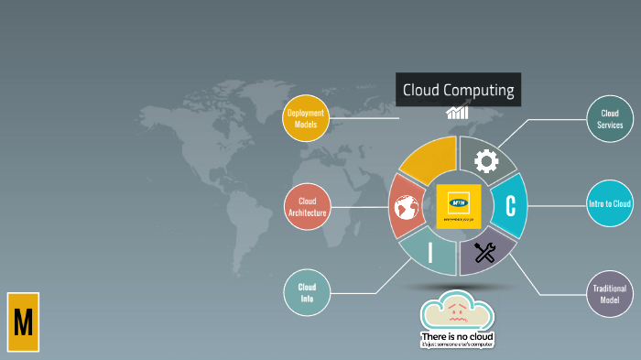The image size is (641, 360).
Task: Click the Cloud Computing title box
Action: tap(458, 91)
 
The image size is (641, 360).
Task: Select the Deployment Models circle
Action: tap(306, 117)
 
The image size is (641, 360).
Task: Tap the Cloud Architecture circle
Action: tap(308, 207)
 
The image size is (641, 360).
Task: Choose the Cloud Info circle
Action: tap(307, 292)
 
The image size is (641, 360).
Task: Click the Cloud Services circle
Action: tap(610, 119)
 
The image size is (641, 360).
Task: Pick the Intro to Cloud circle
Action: tap(610, 203)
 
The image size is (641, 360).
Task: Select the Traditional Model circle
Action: tap(610, 294)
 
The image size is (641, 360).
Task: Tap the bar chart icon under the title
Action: tap(458, 113)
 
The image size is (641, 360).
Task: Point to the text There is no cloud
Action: tap(457, 336)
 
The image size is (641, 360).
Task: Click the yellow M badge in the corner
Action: tap(23, 322)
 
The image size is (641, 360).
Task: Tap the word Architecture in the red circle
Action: tap(308, 213)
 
